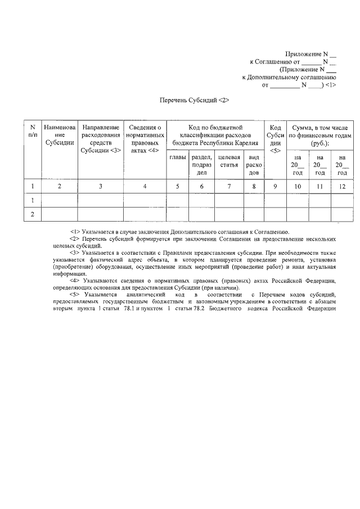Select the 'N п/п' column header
click(33, 131)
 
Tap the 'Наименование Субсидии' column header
click(59, 136)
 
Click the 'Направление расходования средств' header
click(100, 139)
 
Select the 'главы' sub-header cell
click(178, 157)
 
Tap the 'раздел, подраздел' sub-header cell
click(201, 165)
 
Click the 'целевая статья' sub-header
click(229, 161)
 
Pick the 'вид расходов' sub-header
click(254, 165)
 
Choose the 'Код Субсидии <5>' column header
click(275, 139)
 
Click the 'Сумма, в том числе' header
click(319, 135)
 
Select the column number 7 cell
click(229, 186)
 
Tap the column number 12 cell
click(341, 186)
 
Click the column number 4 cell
click(145, 186)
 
